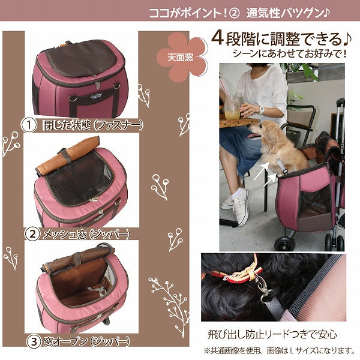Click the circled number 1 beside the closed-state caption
29,125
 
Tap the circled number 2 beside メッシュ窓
32,234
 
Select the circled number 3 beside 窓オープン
34,341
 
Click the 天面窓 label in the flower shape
180,58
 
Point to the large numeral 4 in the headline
217,38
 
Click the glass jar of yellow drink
232,107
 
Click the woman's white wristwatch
262,110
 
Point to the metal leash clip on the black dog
263,286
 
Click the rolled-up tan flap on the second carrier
68,155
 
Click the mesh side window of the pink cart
314,203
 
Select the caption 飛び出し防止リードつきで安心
272,334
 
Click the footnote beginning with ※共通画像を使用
279,350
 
